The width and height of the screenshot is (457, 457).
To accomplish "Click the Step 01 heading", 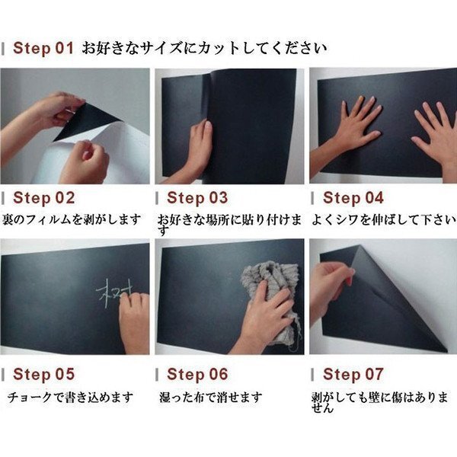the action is pos(43,48).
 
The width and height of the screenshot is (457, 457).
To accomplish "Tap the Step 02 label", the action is pos(43,198).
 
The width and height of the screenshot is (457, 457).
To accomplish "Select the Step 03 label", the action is pos(197,198).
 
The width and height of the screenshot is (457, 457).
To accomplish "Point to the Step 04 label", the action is pos(353,198).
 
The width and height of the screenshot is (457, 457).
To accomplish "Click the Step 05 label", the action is pos(43,374).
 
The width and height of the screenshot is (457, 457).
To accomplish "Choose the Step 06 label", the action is pos(197,374).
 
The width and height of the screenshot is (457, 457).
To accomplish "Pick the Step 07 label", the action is pos(353,374).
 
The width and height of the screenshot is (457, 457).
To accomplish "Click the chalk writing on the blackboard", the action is pos(114,292).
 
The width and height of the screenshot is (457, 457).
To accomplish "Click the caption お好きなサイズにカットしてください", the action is pos(204,48).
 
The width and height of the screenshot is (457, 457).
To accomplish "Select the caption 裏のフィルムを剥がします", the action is pos(72,219).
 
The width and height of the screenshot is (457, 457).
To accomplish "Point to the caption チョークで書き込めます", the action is pos(70,397).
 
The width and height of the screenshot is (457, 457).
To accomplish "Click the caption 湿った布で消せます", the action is pos(211,397).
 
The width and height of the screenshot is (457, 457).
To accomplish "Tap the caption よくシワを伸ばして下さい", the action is pos(383,219).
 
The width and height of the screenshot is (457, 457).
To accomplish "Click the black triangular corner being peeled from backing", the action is pos(85,121).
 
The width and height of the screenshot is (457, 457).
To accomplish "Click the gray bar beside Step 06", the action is pos(157,375).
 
